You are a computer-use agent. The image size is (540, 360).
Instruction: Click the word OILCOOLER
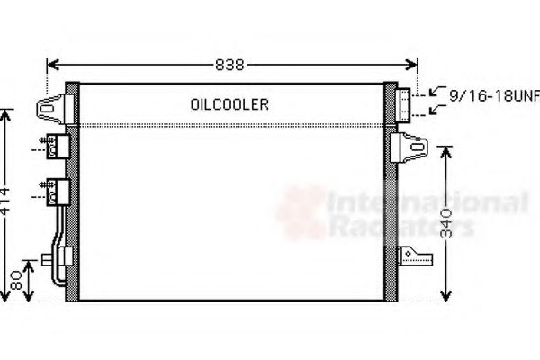[229, 104]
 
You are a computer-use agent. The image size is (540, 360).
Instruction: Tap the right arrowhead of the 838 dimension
[414, 65]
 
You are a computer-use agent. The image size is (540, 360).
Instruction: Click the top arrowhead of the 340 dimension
[445, 151]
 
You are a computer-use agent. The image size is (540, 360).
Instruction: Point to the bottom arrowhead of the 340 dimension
[445, 297]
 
